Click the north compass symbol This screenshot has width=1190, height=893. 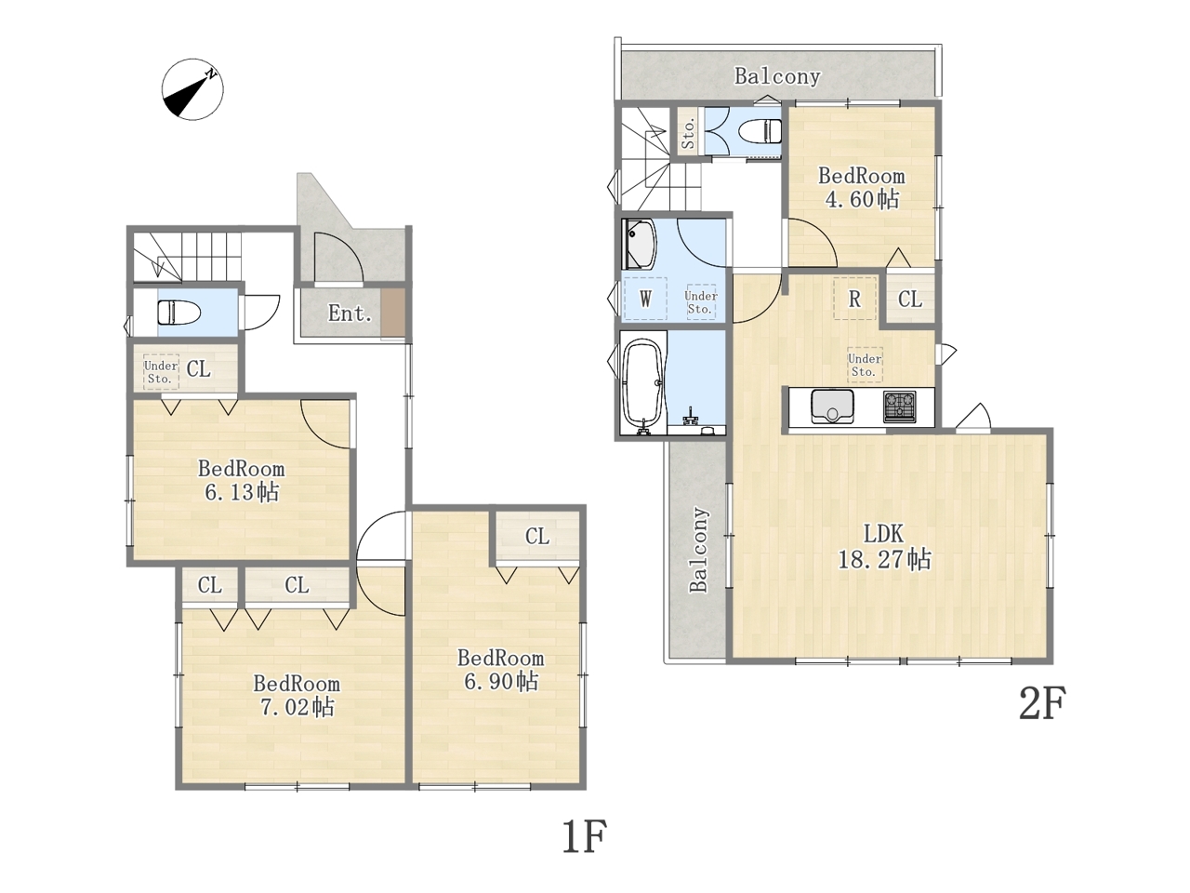click(x=192, y=89)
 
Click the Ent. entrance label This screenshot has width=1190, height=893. click(x=350, y=313)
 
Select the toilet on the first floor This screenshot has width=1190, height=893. click(x=178, y=313)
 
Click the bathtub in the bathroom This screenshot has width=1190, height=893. click(x=643, y=385)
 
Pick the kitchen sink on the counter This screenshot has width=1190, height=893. click(x=832, y=406)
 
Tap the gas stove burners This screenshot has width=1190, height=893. click(x=899, y=407)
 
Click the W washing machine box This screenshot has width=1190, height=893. click(x=644, y=299)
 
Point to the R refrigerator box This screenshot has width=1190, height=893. click(x=854, y=299)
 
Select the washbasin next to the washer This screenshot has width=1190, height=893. click(x=640, y=244)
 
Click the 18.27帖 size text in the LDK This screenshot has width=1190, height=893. click(x=885, y=559)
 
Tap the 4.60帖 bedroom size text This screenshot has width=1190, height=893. click(x=862, y=199)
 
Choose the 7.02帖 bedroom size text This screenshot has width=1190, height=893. click(x=297, y=707)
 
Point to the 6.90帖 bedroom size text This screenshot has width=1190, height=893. click(x=501, y=682)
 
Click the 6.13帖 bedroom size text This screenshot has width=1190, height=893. click(x=242, y=492)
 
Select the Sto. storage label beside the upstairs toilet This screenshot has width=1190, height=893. click(x=688, y=133)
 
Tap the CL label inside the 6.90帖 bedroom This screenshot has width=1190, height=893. click(x=537, y=537)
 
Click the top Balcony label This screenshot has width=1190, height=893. click(x=777, y=76)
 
